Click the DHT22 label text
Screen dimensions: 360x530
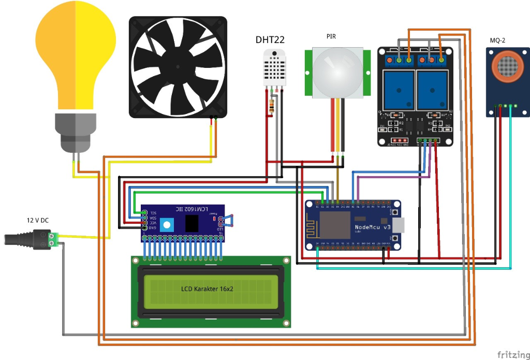tap(270, 40)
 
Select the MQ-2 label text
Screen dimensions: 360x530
tap(498, 41)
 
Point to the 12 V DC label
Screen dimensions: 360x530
tap(38, 220)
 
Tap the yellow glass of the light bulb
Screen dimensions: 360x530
tap(77, 52)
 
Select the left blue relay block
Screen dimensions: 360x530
tap(398, 89)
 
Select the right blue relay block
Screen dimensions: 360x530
tap(432, 89)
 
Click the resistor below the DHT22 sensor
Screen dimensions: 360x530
tap(272, 106)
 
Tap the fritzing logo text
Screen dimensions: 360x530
tap(512, 354)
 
